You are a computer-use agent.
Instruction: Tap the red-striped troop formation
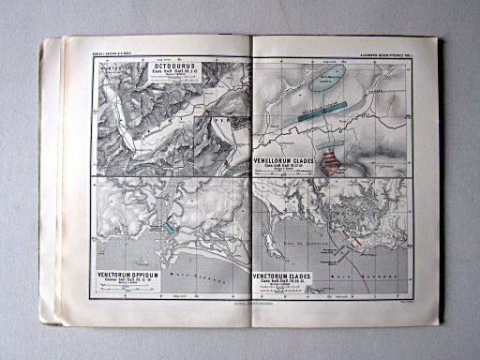point(330,162)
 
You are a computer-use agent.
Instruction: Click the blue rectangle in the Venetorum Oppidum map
point(169,226)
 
